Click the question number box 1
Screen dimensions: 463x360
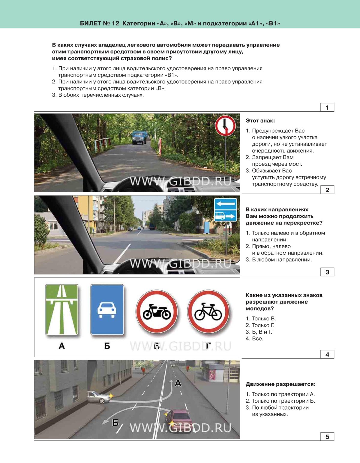tap(327, 107)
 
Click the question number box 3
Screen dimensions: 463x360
tap(327, 272)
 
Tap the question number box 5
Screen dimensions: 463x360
tap(327, 437)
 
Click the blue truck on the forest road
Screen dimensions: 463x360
tap(139, 137)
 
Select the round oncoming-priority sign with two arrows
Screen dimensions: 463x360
tap(225, 126)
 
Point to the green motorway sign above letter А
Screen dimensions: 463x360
tap(62, 310)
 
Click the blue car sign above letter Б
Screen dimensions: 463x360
tap(107, 310)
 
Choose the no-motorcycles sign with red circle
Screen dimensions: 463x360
tap(157, 311)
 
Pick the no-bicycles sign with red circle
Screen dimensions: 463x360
tap(208, 311)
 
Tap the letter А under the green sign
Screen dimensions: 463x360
tap(62, 346)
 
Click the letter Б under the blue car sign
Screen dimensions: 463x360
tap(107, 346)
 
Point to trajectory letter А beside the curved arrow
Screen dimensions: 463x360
tap(178, 383)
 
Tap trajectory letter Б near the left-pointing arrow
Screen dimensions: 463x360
tap(115, 423)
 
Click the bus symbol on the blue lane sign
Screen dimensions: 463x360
tap(220, 216)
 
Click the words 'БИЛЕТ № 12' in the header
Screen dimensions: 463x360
tap(100, 23)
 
